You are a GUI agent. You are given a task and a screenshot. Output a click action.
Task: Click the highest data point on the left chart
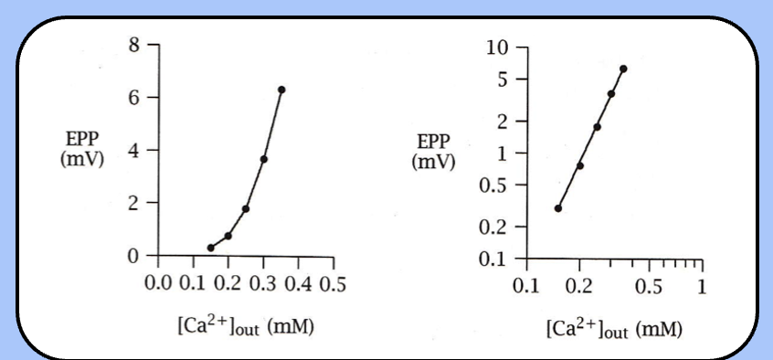click(281, 90)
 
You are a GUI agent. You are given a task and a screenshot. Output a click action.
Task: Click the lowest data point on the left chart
click(211, 248)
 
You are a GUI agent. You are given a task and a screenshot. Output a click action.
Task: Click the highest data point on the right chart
click(623, 69)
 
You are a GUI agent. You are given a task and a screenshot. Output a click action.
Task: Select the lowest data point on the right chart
click(558, 208)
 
